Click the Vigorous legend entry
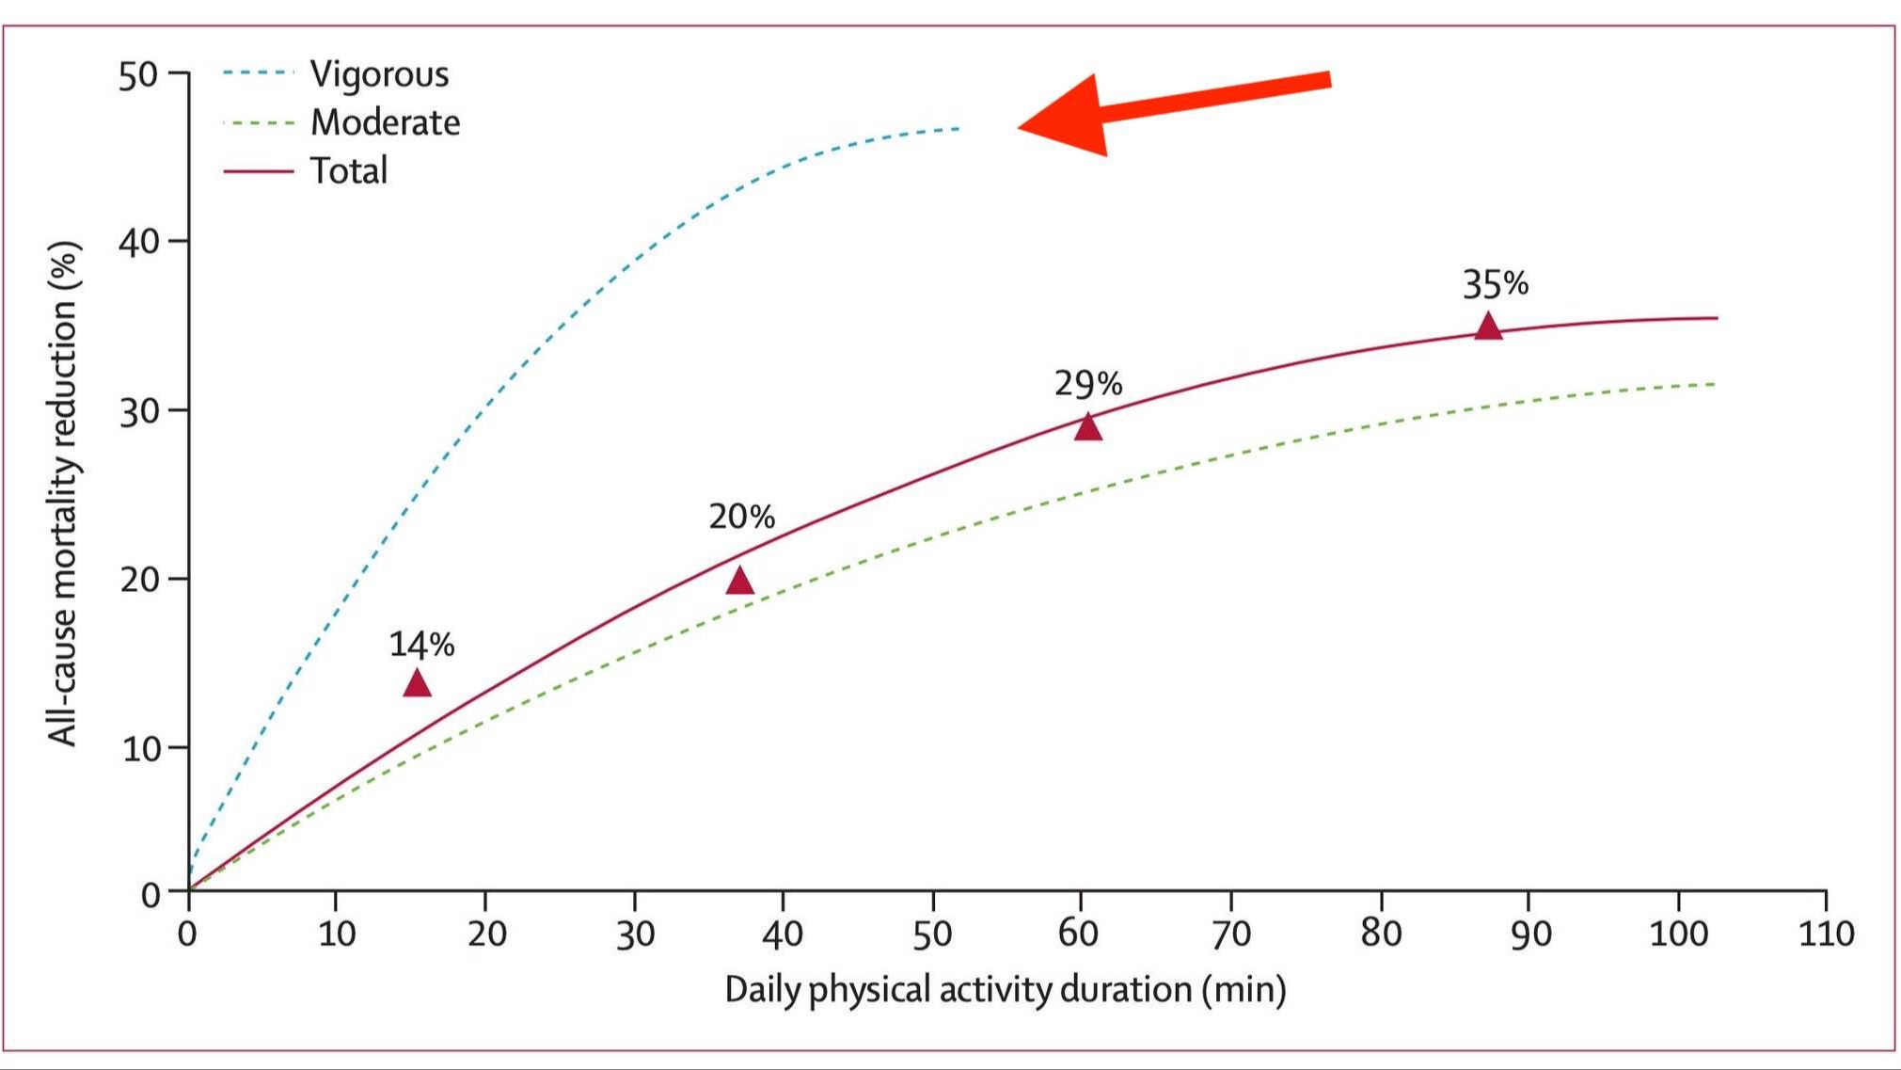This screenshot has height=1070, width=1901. tap(379, 74)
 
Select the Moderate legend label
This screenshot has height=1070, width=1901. tap(385, 122)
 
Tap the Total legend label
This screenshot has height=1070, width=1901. tap(348, 171)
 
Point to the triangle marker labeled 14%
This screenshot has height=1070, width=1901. tap(417, 684)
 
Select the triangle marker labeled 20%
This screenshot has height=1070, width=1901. tap(740, 582)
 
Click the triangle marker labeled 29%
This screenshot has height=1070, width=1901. tap(1088, 427)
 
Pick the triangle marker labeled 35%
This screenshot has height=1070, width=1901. tap(1488, 327)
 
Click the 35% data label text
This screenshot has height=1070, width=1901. tap(1495, 283)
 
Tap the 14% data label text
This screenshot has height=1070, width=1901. tap(421, 645)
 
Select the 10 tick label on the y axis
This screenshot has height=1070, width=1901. tap(138, 749)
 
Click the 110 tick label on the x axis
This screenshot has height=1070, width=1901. tap(1826, 934)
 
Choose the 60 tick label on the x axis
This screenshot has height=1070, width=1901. tap(1079, 934)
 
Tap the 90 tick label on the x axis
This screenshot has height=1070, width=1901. tap(1529, 934)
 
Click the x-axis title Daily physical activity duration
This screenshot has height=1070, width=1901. tap(1005, 990)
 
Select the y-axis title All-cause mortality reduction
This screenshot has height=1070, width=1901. tap(63, 494)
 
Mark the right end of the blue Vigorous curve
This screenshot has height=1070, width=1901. tap(959, 128)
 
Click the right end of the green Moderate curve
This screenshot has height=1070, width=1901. tap(1714, 384)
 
